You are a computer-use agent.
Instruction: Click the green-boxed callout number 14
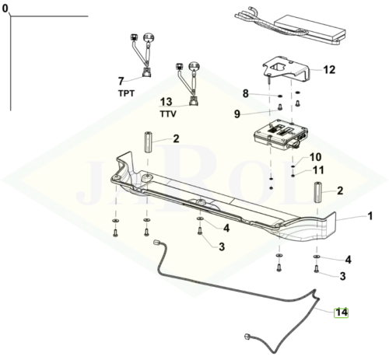tap(341, 313)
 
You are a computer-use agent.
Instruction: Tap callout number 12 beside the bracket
tap(329, 70)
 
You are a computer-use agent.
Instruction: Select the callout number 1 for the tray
tap(370, 216)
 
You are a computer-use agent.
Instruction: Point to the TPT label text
tap(126, 93)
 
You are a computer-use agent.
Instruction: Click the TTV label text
tap(168, 114)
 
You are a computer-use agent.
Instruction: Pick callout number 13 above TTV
tap(166, 102)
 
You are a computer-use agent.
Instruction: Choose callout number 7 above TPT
tap(121, 81)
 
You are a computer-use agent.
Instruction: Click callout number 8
tap(246, 93)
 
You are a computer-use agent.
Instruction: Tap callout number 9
tap(237, 114)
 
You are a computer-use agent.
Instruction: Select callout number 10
tap(316, 157)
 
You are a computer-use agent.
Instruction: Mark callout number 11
tap(318, 170)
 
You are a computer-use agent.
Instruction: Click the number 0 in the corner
tap(5, 9)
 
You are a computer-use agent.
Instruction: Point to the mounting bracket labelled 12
tap(286, 68)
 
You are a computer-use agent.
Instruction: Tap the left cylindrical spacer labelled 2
tap(148, 142)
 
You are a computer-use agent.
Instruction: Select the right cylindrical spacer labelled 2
tap(318, 192)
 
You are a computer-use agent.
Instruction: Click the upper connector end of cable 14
tap(156, 242)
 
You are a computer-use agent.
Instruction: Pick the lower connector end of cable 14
tap(247, 337)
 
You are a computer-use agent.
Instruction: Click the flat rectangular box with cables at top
tap(310, 29)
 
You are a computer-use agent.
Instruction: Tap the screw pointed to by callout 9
tap(280, 107)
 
